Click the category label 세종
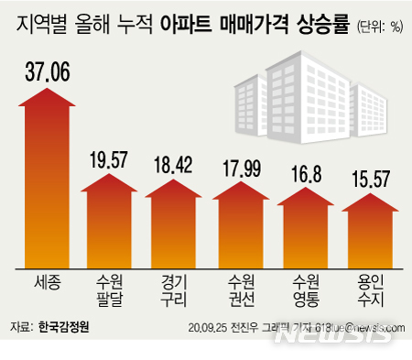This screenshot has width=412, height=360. coord(47,280)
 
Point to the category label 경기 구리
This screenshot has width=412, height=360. coord(172,289)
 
